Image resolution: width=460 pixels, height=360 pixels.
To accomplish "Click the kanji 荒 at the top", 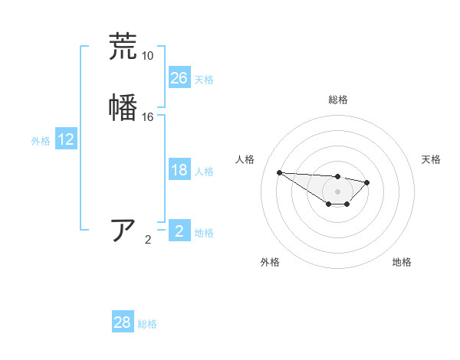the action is (123, 47).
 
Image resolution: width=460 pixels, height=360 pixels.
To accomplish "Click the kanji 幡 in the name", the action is (123, 106).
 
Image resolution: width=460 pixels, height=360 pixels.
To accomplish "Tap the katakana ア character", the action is (123, 230).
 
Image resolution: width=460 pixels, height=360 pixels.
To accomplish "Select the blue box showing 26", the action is (179, 78).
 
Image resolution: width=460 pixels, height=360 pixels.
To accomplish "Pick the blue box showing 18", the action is (179, 170).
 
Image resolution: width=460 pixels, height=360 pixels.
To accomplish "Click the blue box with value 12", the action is (66, 139).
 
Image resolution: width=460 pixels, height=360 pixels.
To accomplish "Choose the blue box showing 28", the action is (123, 322).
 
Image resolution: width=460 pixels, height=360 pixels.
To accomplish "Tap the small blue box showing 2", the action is (179, 231).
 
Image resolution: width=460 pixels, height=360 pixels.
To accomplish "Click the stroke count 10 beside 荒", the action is (147, 56).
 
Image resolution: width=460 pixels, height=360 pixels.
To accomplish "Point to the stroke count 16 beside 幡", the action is (147, 117).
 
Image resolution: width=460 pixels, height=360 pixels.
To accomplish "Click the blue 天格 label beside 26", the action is (204, 80).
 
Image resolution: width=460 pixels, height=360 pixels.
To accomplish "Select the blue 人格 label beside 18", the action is (204, 172).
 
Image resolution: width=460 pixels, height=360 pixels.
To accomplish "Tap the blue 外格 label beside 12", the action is (41, 141).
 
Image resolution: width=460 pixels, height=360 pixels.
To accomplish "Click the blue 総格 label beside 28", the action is (147, 324).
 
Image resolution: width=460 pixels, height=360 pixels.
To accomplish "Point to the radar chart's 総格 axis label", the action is (337, 100).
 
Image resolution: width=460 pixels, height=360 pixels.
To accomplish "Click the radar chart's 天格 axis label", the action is (431, 159).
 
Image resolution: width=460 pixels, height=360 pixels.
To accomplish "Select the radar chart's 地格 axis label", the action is (402, 262).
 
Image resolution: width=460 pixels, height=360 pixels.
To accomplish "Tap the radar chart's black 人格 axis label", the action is (245, 159).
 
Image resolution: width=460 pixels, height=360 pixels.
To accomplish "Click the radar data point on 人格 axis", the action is (279, 172).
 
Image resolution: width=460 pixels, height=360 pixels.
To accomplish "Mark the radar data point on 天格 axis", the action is (367, 182).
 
